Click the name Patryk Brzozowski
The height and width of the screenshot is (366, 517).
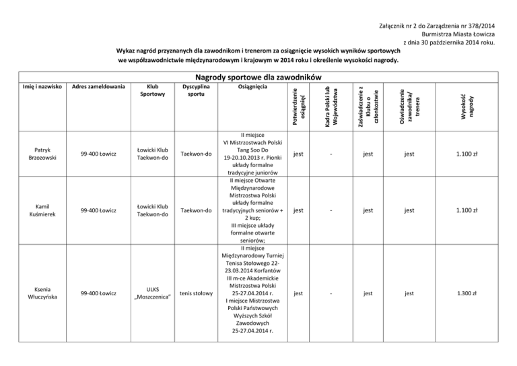pyautogui.click(x=34, y=154)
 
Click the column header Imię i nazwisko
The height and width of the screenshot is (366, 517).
pyautogui.click(x=34, y=86)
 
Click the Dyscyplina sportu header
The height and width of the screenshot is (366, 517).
pyautogui.click(x=197, y=91)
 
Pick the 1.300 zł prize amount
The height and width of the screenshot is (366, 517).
pyautogui.click(x=466, y=293)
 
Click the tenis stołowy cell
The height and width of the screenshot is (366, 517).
pyautogui.click(x=197, y=293)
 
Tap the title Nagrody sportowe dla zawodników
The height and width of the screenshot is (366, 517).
pyautogui.click(x=258, y=75)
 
